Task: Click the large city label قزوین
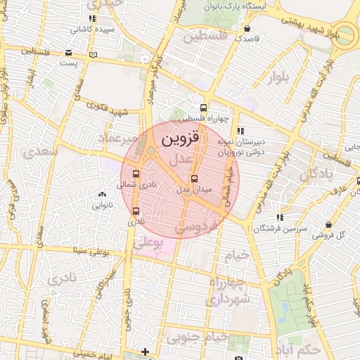pyautogui.click(x=181, y=139)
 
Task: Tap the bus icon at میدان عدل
pyautogui.click(x=194, y=178)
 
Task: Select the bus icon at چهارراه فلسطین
pyautogui.click(x=203, y=108)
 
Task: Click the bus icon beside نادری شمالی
pyautogui.click(x=136, y=174)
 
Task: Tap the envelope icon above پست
pyautogui.click(x=68, y=53)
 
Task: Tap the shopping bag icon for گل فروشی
pyautogui.click(x=328, y=224)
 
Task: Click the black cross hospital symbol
pyautogui.click(x=146, y=352)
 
